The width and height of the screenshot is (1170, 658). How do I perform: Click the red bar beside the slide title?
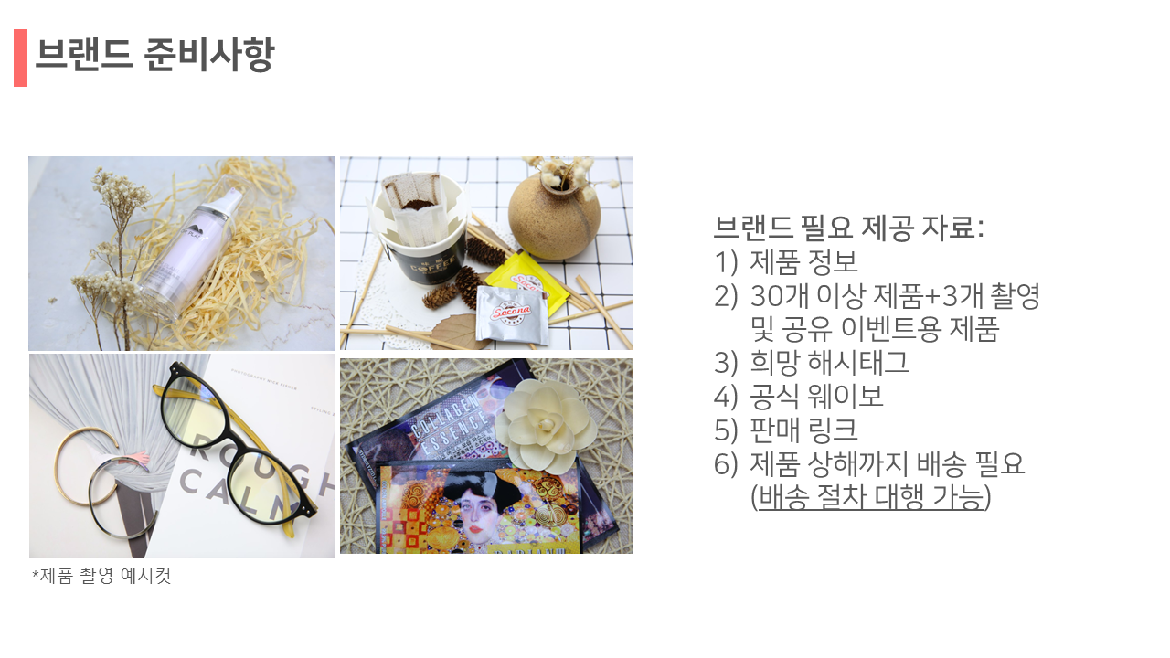20,58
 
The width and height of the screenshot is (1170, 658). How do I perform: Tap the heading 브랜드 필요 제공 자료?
849,228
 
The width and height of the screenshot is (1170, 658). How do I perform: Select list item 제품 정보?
803,262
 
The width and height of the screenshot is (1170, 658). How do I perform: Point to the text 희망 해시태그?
829,363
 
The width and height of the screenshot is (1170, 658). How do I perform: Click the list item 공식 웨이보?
816,396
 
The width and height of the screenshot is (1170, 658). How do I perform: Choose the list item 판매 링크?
803,430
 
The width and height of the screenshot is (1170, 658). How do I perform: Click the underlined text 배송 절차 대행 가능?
871,496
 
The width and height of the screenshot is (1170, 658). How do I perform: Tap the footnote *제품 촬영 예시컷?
101,576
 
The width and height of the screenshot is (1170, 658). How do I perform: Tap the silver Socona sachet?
513,313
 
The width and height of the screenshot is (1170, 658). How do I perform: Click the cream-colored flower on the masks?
546,426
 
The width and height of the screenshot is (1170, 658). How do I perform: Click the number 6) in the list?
726,463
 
